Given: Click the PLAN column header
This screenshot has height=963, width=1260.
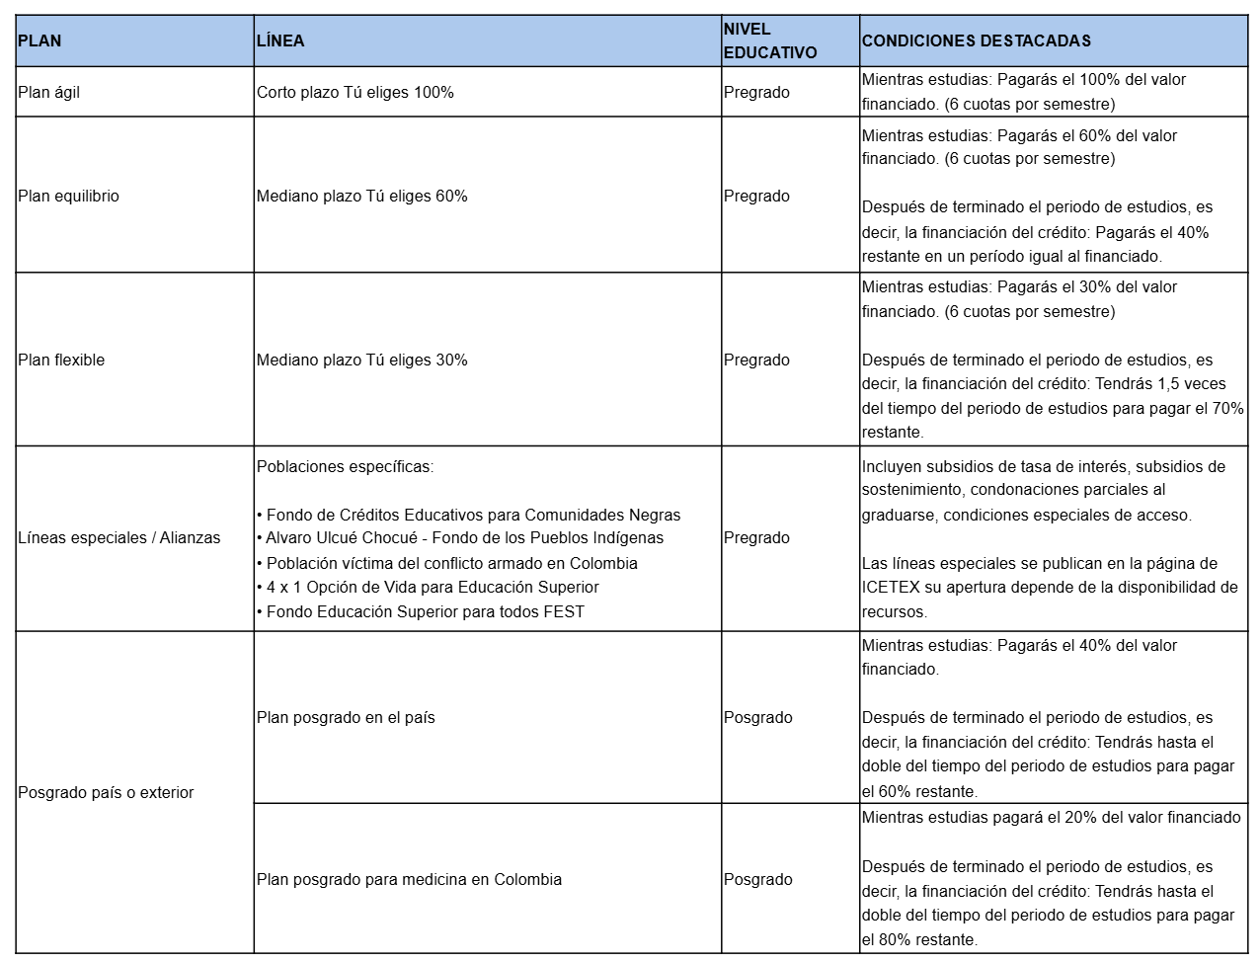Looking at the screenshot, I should pos(39,40).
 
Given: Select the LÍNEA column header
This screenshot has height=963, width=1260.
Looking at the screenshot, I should pos(280,40).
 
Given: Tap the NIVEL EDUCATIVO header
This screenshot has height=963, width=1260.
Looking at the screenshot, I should pos(770,40).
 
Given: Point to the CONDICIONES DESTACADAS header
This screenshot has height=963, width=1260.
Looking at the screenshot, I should pos(976,40).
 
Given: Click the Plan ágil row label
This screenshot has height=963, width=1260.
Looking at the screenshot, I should pos(49,92).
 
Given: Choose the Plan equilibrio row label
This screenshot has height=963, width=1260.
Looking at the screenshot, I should pos(68,196).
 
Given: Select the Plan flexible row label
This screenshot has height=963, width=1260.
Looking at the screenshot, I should pos(61,360).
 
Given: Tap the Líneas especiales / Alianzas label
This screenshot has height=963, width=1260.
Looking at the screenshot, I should pos(119,537).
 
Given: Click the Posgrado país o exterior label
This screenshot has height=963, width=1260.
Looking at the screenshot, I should pos(106,792).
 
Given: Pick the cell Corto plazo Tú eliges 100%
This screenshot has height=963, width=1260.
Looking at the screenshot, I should pos(355,92).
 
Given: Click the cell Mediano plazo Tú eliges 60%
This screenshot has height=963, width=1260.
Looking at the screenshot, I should pos(362,196).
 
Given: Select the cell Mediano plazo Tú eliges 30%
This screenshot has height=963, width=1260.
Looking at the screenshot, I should pos(362,360).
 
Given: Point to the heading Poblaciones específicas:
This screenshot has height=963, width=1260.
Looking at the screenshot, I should pos(345,466).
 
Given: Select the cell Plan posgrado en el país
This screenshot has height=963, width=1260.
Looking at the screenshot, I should pos(346,717).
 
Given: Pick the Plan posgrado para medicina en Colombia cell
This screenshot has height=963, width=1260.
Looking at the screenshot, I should pos(409,879).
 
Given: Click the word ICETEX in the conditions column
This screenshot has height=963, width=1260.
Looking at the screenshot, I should pos(891,587).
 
